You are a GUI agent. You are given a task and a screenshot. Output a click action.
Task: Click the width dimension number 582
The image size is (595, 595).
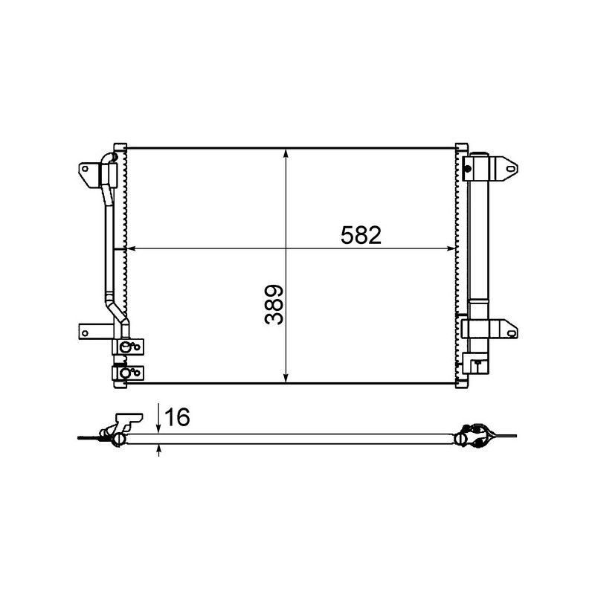[361, 236]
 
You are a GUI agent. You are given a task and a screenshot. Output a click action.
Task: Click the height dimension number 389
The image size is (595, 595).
[275, 305]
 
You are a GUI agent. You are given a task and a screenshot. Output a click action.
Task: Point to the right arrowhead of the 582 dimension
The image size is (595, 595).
[451, 248]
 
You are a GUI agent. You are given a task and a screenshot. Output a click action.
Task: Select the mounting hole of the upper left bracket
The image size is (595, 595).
[86, 169]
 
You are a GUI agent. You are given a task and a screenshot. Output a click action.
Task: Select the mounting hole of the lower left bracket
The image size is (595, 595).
[86, 332]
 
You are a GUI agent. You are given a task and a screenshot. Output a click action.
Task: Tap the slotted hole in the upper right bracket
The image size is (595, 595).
[511, 169]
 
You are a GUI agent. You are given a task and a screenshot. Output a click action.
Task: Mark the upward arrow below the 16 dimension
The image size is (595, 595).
[159, 448]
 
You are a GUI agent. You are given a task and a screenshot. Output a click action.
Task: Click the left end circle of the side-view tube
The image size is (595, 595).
[118, 440]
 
